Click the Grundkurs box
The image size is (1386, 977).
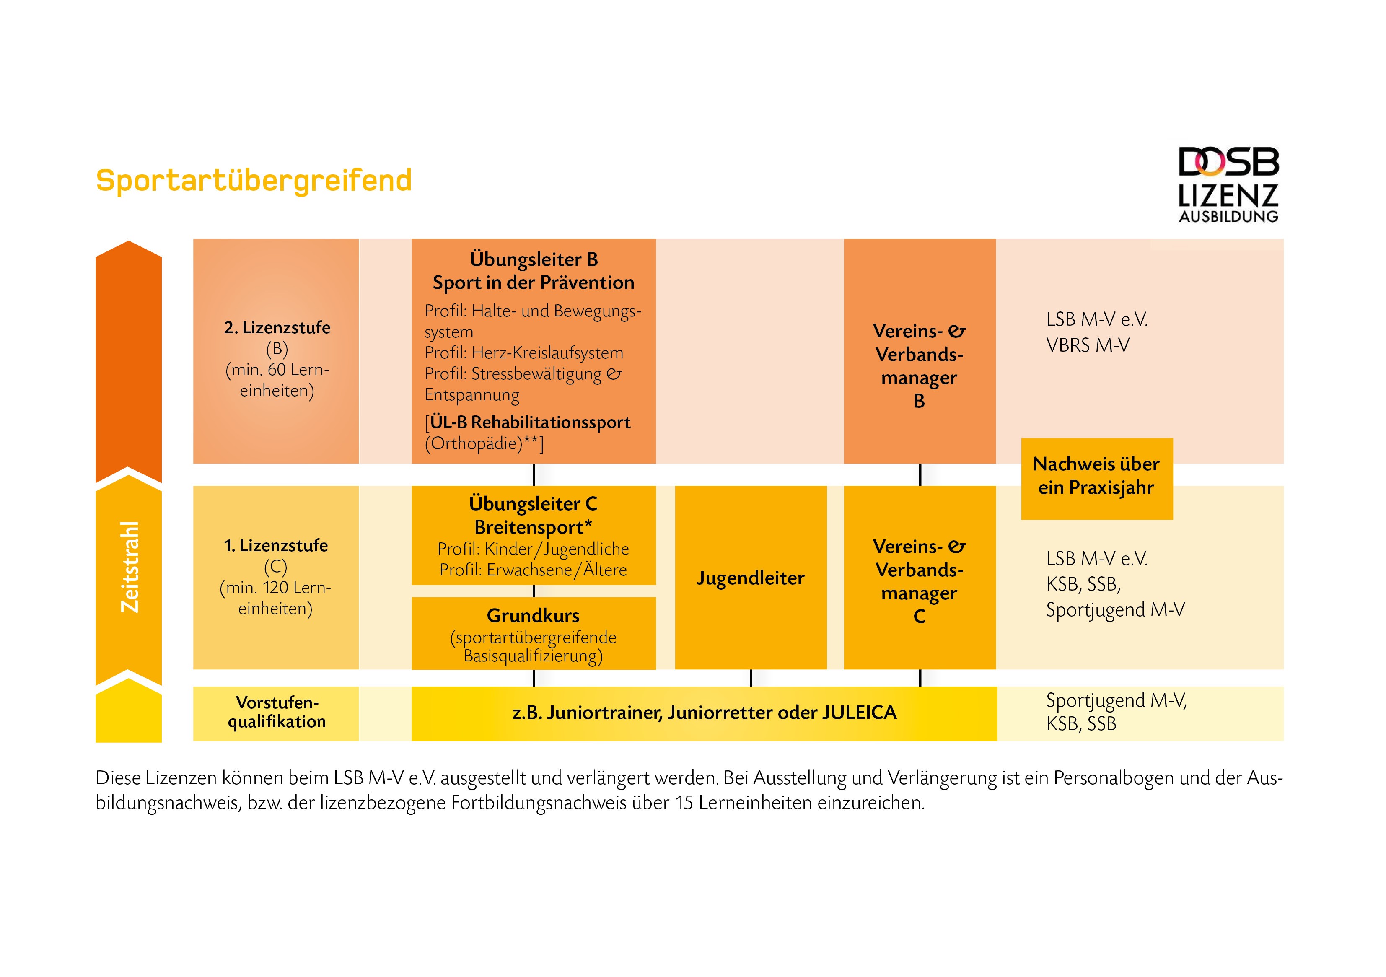pos(534,633)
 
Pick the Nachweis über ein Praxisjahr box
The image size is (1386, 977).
pos(1097,478)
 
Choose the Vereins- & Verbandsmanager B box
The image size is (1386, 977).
pos(920,351)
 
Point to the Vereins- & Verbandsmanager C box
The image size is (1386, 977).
pos(920,577)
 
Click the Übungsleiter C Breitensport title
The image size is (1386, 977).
pos(534,515)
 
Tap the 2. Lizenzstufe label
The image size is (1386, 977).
pos(277,327)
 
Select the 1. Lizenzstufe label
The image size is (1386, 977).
pos(276,545)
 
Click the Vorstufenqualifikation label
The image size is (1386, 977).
pos(277,712)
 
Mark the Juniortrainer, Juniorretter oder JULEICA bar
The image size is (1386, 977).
pos(705,713)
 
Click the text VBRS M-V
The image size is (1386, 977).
pos(1087,345)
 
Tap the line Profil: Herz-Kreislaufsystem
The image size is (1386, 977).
pos(524,352)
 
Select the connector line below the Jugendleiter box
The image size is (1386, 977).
pos(751,678)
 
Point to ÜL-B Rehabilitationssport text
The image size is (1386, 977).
pos(530,422)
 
